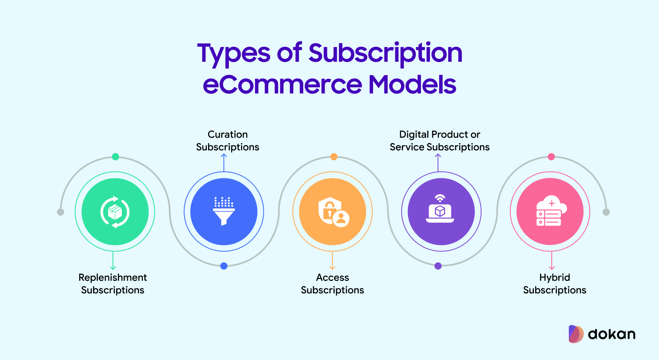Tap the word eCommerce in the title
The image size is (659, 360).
[282, 85]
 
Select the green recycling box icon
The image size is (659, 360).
[115, 212]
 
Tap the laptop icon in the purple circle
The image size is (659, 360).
[440, 208]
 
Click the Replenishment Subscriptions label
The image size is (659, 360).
[113, 284]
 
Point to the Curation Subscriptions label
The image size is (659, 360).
[228, 141]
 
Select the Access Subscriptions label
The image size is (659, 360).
[332, 284]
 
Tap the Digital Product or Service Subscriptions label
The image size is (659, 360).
[440, 141]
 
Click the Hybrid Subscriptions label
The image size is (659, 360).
[555, 284]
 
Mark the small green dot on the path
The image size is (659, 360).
[116, 157]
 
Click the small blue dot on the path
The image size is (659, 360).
[224, 266]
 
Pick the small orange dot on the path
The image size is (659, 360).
[334, 157]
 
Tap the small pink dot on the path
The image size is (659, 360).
[551, 157]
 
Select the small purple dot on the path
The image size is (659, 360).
[438, 266]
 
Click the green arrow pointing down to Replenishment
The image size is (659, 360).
[113, 260]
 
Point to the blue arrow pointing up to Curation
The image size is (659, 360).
[224, 163]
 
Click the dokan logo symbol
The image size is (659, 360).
[576, 334]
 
